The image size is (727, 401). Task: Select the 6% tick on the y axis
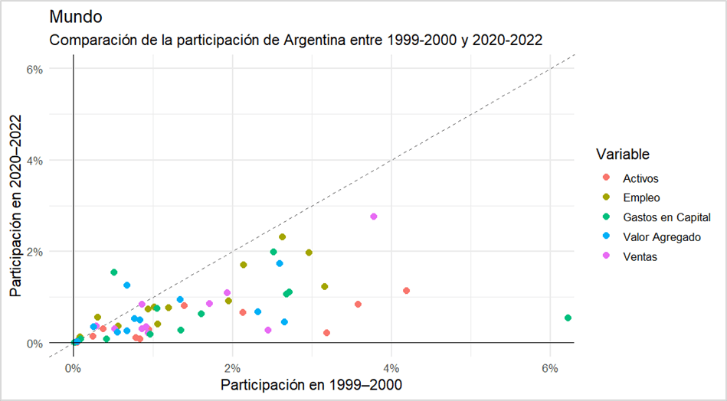coord(34,69)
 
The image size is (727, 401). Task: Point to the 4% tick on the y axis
coord(34,160)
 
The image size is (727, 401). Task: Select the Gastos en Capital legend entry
coord(661,217)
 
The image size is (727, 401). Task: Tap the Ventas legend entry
coord(640,257)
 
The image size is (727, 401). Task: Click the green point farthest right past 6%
coord(568,318)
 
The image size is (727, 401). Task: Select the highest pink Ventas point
coord(374,217)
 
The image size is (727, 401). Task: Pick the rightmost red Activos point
coord(406,291)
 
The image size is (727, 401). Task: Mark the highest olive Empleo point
coord(282,237)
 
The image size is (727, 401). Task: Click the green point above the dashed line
coord(114,272)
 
